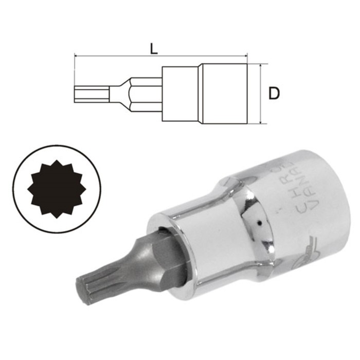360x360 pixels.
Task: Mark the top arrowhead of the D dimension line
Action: tap(261, 66)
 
